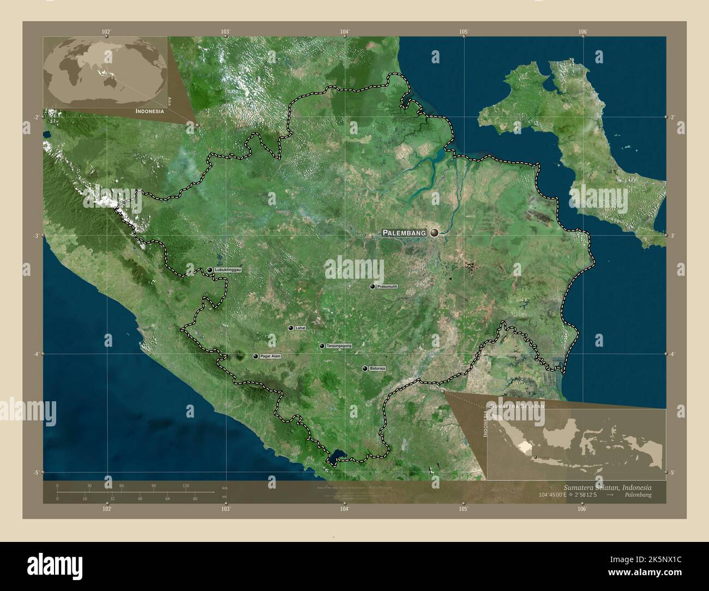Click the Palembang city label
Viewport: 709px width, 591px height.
pos(404,233)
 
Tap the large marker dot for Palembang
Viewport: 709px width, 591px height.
pos(434,233)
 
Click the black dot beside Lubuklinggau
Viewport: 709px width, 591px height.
pos(210,270)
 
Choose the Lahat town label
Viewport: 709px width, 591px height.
pos(300,328)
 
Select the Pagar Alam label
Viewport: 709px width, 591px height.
pos(270,356)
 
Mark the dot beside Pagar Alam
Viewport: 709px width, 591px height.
pos(255,356)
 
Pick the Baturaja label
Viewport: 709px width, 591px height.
pos(377,369)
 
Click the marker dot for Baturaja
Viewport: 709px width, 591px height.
pos(365,369)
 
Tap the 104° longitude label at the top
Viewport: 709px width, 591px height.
pos(344,32)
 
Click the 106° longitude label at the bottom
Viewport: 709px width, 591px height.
pos(582,509)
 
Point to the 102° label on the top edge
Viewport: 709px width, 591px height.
pos(106,32)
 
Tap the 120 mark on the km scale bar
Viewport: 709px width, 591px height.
pos(185,485)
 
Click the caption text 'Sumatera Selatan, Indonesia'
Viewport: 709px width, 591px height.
pos(606,486)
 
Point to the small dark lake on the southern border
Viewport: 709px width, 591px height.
pos(333,457)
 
